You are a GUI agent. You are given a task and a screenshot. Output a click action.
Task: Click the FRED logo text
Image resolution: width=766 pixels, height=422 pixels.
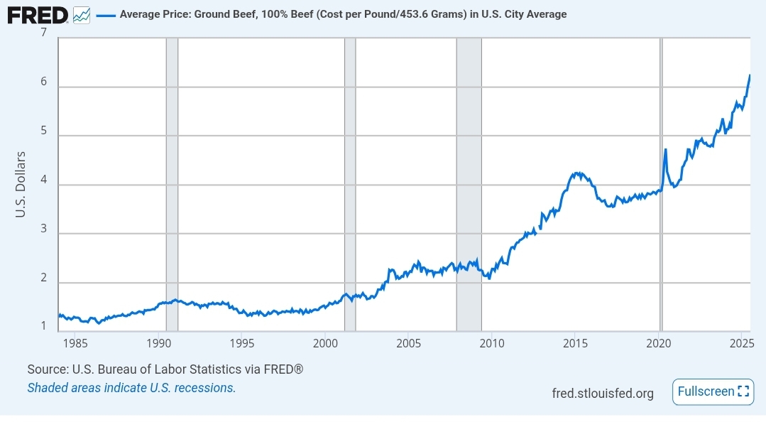(x=38, y=14)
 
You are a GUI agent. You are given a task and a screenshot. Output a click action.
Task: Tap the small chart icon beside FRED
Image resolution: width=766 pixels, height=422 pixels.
(x=82, y=14)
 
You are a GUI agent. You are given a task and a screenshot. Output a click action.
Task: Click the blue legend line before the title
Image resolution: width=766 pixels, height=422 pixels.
(x=105, y=14)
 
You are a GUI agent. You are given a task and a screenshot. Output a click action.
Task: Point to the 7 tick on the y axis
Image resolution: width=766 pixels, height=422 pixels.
(x=43, y=33)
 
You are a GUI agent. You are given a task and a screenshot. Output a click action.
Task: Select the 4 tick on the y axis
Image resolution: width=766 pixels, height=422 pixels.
(x=43, y=180)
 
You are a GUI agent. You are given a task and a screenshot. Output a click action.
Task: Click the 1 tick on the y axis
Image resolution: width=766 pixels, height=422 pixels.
(x=43, y=327)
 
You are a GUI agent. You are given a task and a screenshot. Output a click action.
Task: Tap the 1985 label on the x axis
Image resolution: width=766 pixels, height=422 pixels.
(x=75, y=344)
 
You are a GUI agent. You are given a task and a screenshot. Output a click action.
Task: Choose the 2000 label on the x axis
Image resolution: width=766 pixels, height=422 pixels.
(x=325, y=344)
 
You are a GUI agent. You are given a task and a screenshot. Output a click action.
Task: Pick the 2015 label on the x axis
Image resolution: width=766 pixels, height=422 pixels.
(x=575, y=344)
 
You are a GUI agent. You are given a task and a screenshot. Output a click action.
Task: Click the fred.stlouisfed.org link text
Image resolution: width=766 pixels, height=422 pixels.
(x=603, y=393)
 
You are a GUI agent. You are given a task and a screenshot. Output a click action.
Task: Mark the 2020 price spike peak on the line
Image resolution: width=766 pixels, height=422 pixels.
(x=665, y=149)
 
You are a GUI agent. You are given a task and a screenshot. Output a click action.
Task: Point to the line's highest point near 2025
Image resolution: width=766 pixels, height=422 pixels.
(x=750, y=75)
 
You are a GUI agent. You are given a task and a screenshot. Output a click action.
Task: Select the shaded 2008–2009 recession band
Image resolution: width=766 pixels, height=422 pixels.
(x=469, y=178)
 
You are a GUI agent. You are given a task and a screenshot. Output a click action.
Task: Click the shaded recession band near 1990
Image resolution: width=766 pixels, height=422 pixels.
(x=172, y=178)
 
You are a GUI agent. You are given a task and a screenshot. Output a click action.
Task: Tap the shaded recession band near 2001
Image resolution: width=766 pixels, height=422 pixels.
(x=350, y=178)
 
